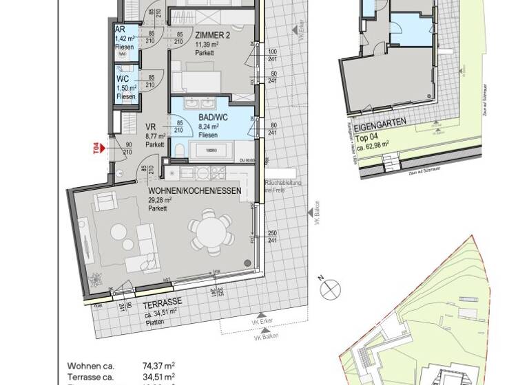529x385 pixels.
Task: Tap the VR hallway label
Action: click(152, 127)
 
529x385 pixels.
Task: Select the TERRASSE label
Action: click(163, 302)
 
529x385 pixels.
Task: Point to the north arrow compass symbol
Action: click(332, 287)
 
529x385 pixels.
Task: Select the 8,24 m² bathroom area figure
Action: click(208, 126)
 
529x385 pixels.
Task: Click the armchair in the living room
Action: click(105, 201)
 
